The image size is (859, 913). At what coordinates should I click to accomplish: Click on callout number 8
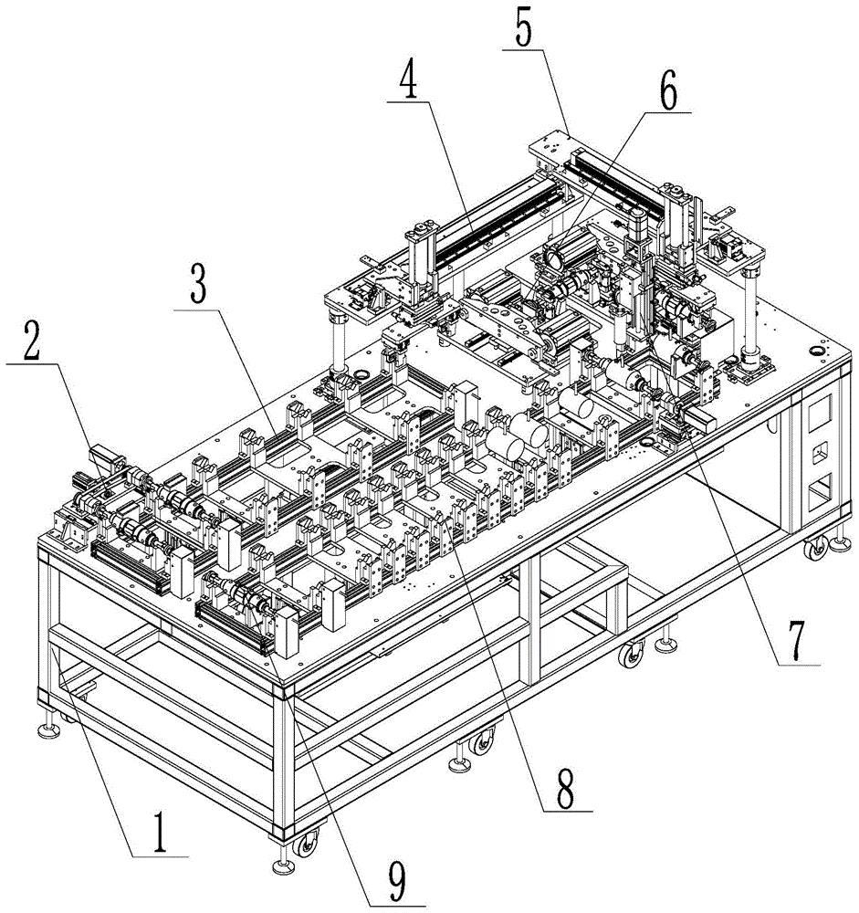click(565, 787)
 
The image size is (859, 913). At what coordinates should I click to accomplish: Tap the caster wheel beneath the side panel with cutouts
click(812, 548)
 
